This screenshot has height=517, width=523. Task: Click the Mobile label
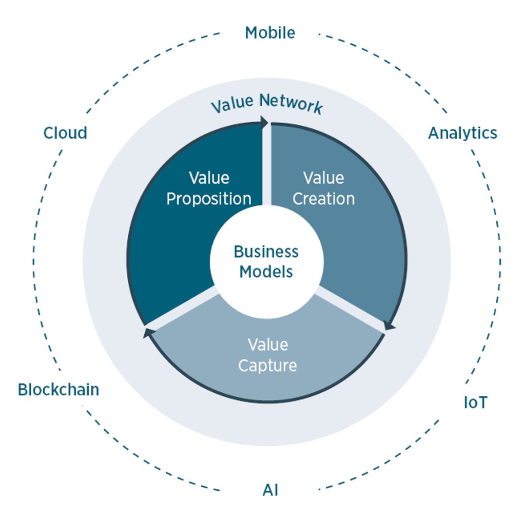(270, 33)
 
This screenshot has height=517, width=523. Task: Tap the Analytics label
(462, 133)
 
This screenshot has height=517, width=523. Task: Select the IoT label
(475, 403)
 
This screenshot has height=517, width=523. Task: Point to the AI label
(270, 490)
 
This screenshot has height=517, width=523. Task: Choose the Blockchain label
(59, 390)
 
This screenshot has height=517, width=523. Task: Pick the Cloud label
(65, 133)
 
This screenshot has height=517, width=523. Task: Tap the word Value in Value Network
(233, 104)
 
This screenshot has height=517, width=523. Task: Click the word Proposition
(209, 199)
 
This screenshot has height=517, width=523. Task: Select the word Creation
(323, 199)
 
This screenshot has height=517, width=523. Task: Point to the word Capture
(267, 366)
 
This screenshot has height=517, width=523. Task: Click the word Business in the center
(266, 252)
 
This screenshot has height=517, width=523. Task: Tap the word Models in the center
(266, 272)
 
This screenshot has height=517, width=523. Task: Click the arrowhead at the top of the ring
(264, 122)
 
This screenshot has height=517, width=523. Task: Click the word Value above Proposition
(209, 178)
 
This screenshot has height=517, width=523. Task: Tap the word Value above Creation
(323, 178)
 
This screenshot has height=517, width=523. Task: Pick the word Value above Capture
(267, 344)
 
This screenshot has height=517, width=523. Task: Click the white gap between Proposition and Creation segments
(266, 164)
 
